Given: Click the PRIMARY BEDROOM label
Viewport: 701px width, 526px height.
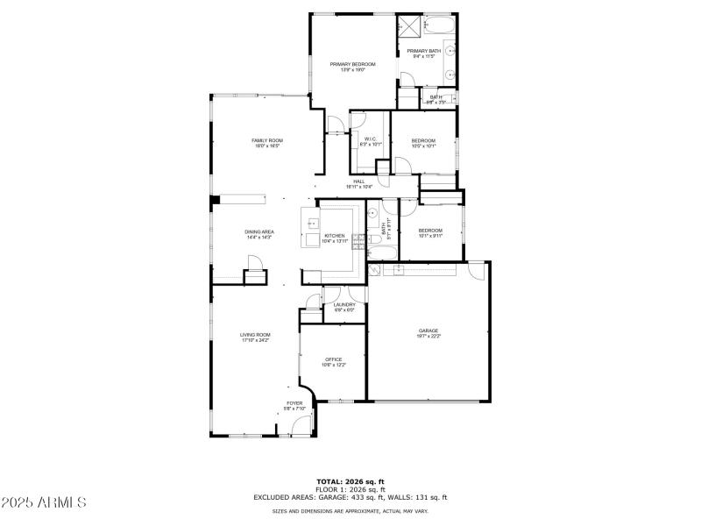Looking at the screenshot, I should pyautogui.click(x=352, y=64).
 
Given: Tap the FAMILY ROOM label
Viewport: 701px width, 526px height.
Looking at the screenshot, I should pyautogui.click(x=267, y=140).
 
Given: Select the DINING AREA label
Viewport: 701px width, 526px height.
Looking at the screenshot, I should pyautogui.click(x=258, y=231).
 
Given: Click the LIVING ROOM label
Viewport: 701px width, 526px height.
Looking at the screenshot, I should pyautogui.click(x=255, y=334).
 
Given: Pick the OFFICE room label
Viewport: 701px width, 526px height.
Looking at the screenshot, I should pyautogui.click(x=333, y=359).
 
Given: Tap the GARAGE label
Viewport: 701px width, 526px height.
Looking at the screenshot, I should pyautogui.click(x=428, y=331).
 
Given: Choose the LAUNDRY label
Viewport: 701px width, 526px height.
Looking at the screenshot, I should pyautogui.click(x=344, y=304).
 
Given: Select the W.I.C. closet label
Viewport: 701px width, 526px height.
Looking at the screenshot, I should pyautogui.click(x=371, y=138).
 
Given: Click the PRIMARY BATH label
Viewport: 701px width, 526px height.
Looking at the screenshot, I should pyautogui.click(x=424, y=51).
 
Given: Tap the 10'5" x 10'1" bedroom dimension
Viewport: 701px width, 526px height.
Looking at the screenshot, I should pyautogui.click(x=424, y=146).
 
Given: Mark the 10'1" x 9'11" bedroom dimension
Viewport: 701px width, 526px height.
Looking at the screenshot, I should pyautogui.click(x=430, y=236).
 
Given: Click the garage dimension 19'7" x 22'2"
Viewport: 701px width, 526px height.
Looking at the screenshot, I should pyautogui.click(x=428, y=336).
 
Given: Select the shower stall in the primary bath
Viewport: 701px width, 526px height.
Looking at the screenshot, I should pyautogui.click(x=409, y=26).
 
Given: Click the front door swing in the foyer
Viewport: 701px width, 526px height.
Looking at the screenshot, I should pyautogui.click(x=301, y=425).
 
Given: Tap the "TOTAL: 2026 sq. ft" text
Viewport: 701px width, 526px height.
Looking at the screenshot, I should pyautogui.click(x=350, y=481).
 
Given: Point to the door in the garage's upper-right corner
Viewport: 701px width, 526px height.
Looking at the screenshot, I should pyautogui.click(x=476, y=271).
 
